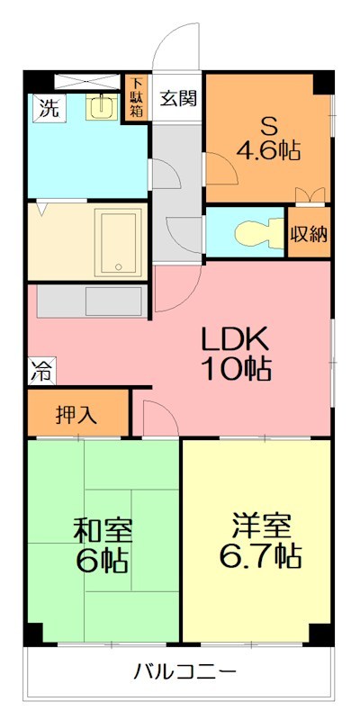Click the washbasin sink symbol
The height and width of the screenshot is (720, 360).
(103, 108)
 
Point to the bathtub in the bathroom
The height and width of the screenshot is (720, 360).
(119, 240)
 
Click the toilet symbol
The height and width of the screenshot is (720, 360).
(252, 234)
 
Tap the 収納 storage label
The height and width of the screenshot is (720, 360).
(309, 233)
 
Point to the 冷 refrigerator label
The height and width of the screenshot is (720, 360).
(40, 367)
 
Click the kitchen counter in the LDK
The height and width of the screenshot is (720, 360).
(90, 301)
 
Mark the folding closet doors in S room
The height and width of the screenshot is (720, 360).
(313, 194)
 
